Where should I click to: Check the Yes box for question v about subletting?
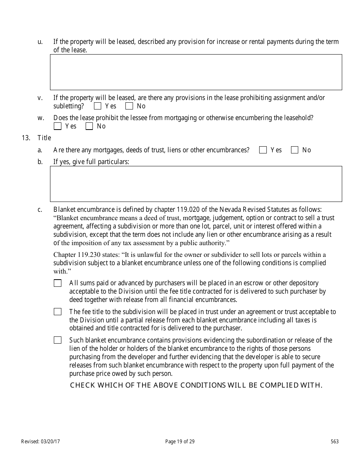tap(98, 106)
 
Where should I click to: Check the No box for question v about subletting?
tap(130, 106)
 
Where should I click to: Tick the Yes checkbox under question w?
tap(58, 127)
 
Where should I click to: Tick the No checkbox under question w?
tap(89, 127)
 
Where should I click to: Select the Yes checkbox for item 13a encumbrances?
tap(263, 150)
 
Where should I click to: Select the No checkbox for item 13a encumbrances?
tap(295, 150)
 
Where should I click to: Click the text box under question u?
tap(196, 72)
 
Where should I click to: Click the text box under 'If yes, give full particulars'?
tap(196, 184)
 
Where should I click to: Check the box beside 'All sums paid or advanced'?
tap(58, 283)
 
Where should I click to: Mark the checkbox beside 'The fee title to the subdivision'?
tap(58, 312)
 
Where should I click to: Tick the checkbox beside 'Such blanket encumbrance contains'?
tap(58, 340)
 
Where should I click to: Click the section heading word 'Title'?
tap(44, 138)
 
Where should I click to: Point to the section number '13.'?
tap(26, 138)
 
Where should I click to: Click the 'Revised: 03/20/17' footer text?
tap(41, 441)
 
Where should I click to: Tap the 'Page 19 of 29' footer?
tap(180, 441)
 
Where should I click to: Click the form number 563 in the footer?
tap(335, 441)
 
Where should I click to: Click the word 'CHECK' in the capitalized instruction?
tap(83, 386)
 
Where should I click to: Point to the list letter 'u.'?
tap(40, 42)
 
